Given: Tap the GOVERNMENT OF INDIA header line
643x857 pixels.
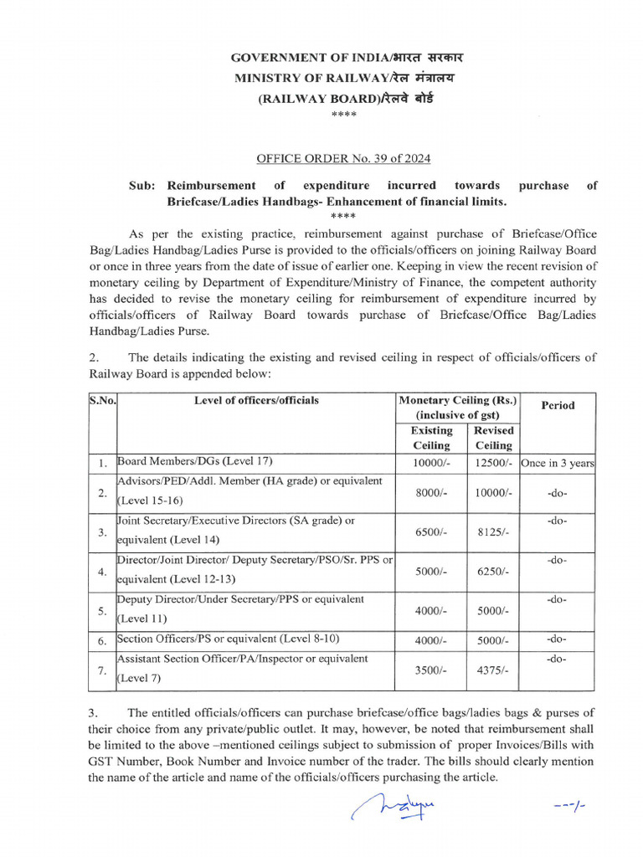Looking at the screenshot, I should (347, 58).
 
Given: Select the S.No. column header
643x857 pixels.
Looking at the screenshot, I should (102, 401).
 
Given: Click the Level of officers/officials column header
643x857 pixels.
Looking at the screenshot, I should (256, 401).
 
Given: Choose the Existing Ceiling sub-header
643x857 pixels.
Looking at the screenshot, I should (431, 438).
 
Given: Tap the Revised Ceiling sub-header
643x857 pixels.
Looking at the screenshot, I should (493, 438).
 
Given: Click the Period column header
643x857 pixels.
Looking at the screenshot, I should (558, 405).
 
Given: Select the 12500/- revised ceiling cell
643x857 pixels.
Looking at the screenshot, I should (493, 463).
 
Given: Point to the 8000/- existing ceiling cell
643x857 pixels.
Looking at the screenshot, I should (431, 494).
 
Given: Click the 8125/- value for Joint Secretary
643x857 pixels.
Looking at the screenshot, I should (493, 533).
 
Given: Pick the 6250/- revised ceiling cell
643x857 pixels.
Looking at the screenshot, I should (493, 572).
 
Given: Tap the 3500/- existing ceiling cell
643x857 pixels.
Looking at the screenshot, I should (431, 671).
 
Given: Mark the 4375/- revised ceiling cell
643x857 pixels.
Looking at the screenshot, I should (493, 671).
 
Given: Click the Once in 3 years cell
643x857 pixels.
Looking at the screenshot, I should (558, 463).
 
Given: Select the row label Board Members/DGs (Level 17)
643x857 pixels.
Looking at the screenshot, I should (195, 461).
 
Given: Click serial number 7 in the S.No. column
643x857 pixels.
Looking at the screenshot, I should (101, 671).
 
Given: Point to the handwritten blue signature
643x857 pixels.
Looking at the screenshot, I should (395, 808).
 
